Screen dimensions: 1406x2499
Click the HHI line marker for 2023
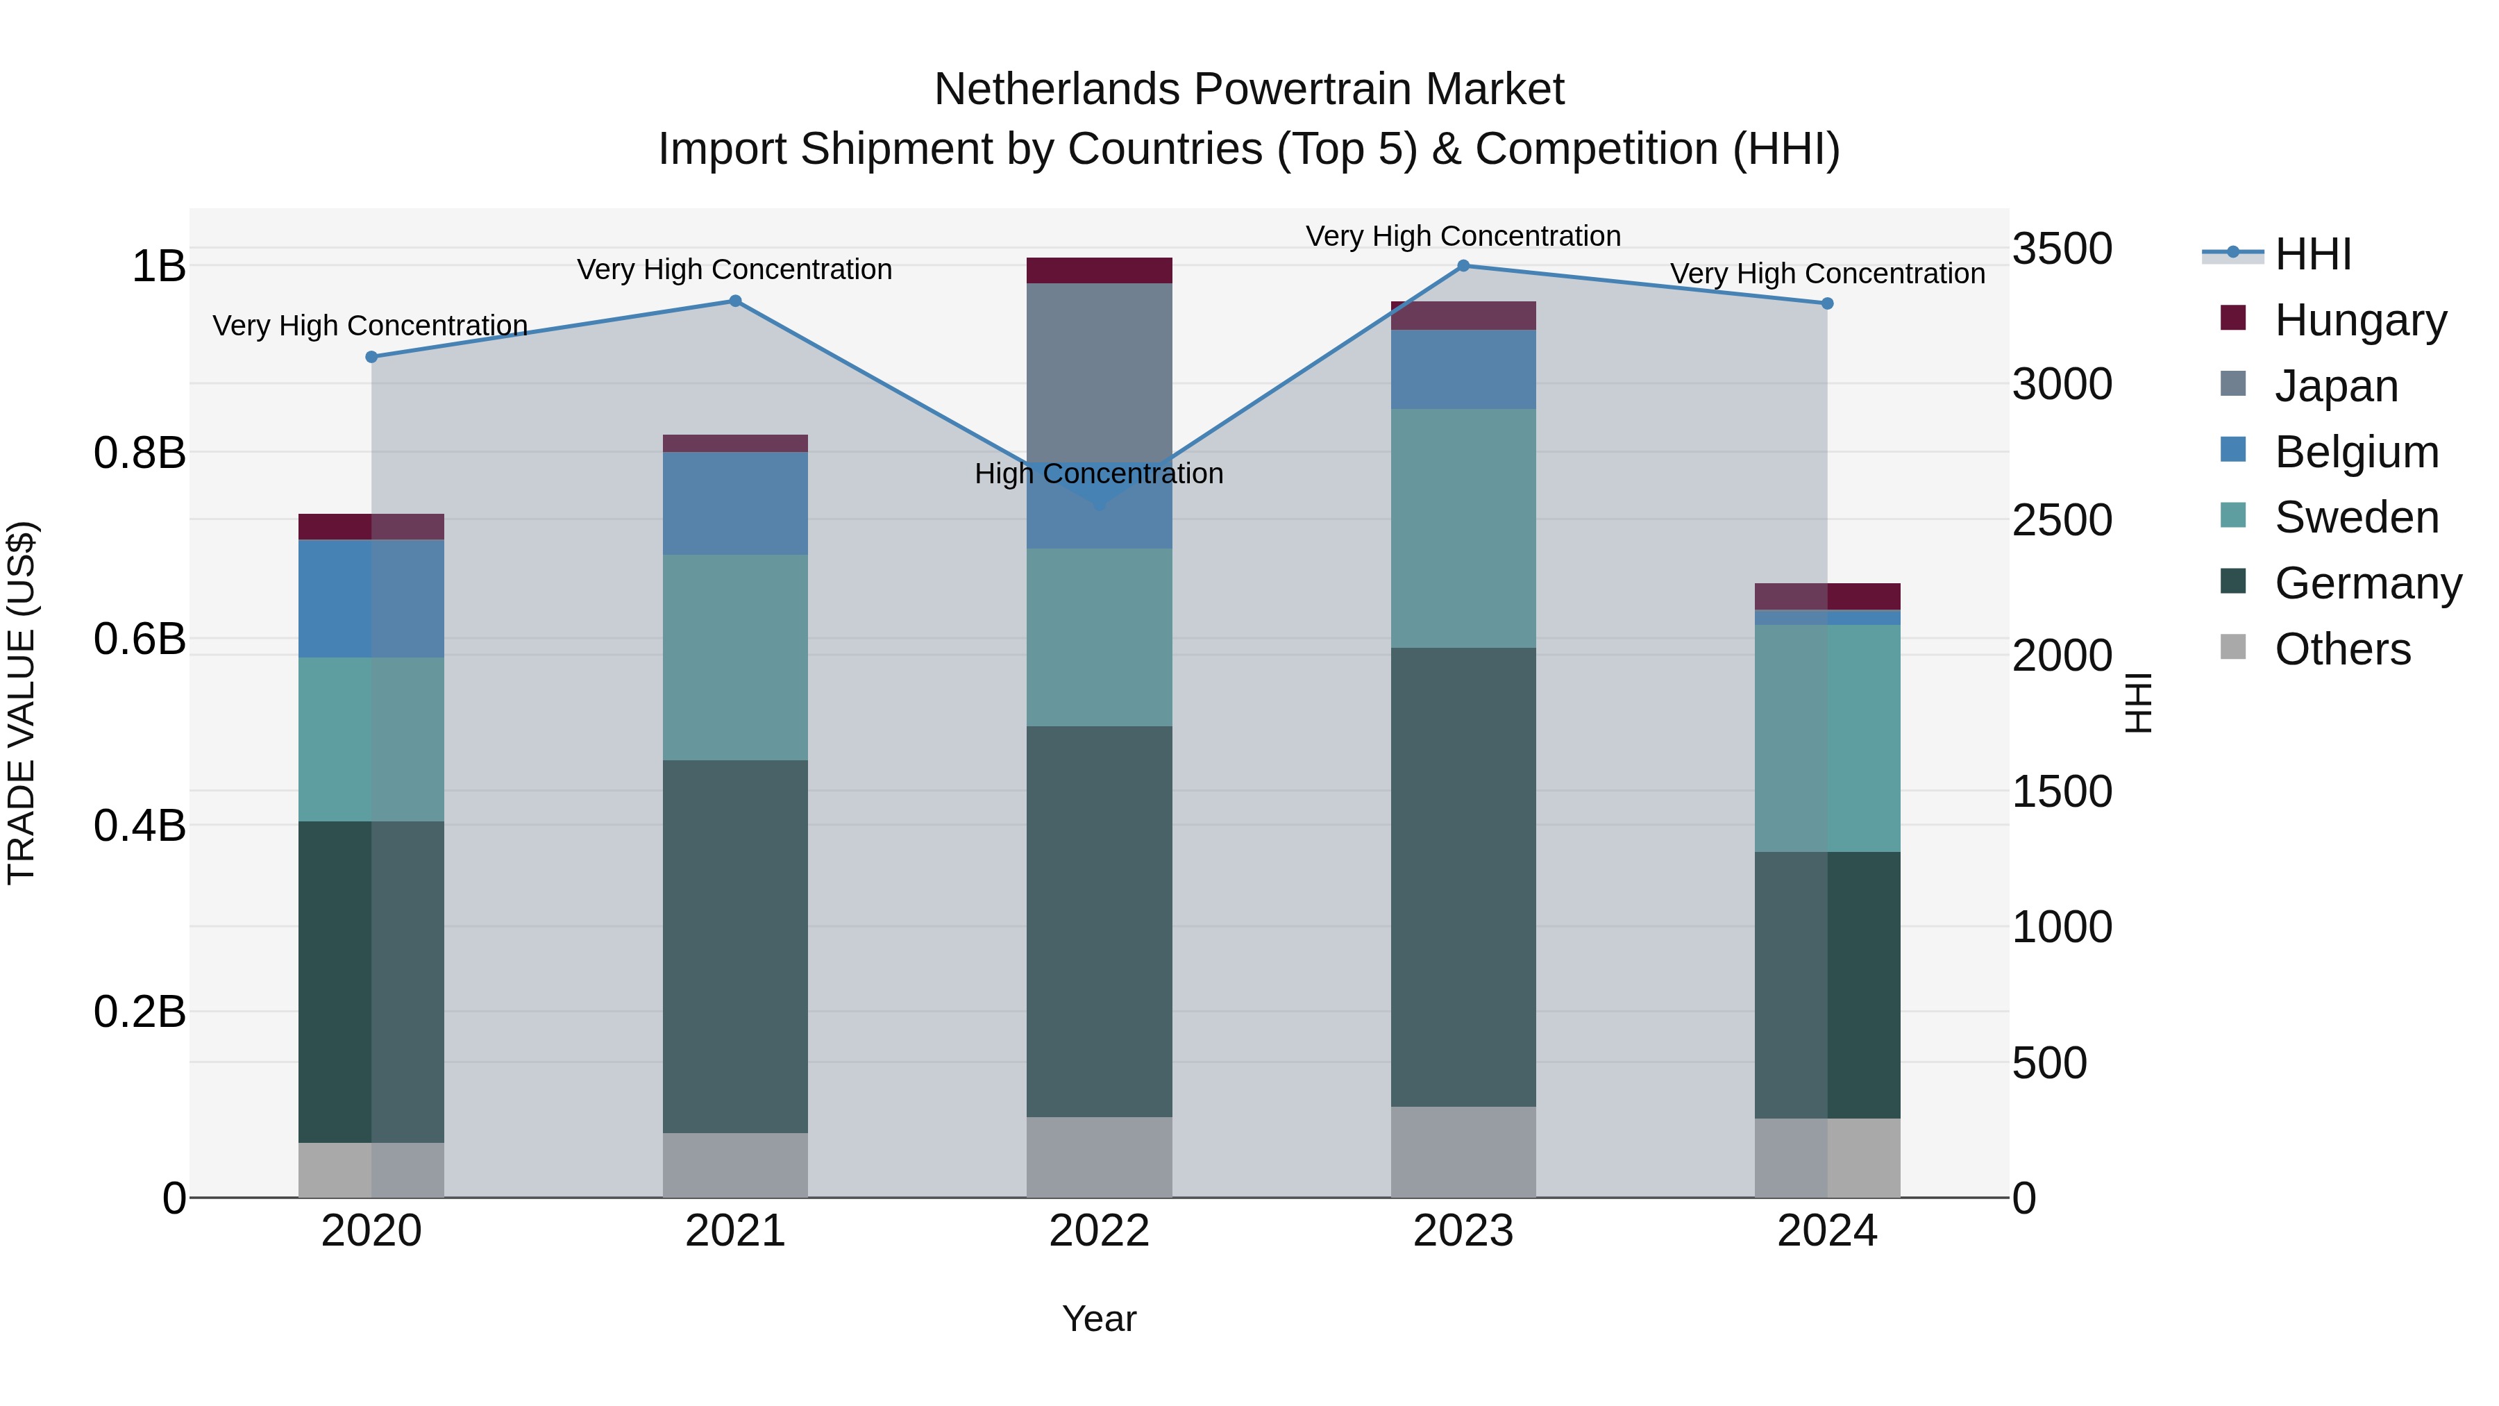1463,266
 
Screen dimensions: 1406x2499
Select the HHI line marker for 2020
371,357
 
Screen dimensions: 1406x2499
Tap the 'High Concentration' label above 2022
1098,474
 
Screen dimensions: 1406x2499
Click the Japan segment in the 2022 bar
1099,369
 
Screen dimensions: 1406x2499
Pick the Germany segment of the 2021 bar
735,946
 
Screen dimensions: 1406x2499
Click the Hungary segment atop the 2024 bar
1827,596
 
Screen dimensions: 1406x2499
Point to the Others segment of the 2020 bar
371,1169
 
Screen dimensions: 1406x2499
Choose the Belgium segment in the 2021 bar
735,503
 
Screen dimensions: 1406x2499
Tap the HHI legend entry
2313,254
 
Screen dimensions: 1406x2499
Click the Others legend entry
2342,649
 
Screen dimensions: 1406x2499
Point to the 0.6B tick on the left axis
140,639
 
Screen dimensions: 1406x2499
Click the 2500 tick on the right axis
2062,520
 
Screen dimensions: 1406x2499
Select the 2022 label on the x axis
1099,1231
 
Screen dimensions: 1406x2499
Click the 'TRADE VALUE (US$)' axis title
22,703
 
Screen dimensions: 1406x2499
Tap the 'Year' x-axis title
1099,1319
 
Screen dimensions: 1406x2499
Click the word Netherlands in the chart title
1057,90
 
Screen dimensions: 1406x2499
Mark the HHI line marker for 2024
1827,303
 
